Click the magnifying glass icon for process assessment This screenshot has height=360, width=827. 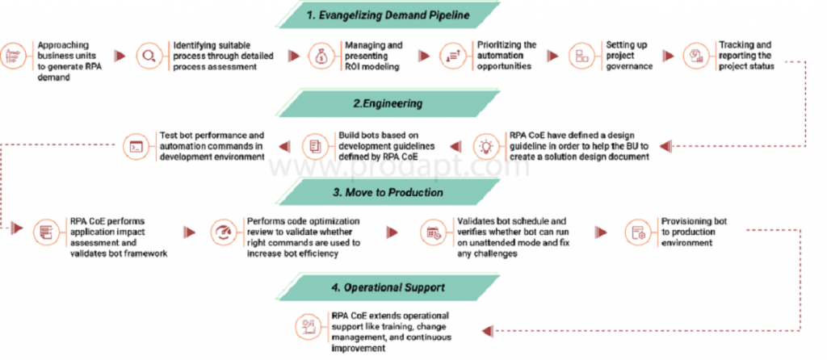(x=149, y=56)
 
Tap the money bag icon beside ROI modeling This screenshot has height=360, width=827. (x=320, y=56)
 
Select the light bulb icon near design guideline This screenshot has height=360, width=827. (x=486, y=146)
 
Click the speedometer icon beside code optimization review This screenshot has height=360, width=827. (x=222, y=232)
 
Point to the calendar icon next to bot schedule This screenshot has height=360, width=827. (x=434, y=233)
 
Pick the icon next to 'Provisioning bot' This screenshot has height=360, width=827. (x=637, y=232)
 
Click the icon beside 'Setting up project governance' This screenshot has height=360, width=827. (x=580, y=56)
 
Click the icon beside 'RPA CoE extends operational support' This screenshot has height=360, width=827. (x=307, y=326)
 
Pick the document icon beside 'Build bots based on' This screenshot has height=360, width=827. (x=313, y=146)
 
